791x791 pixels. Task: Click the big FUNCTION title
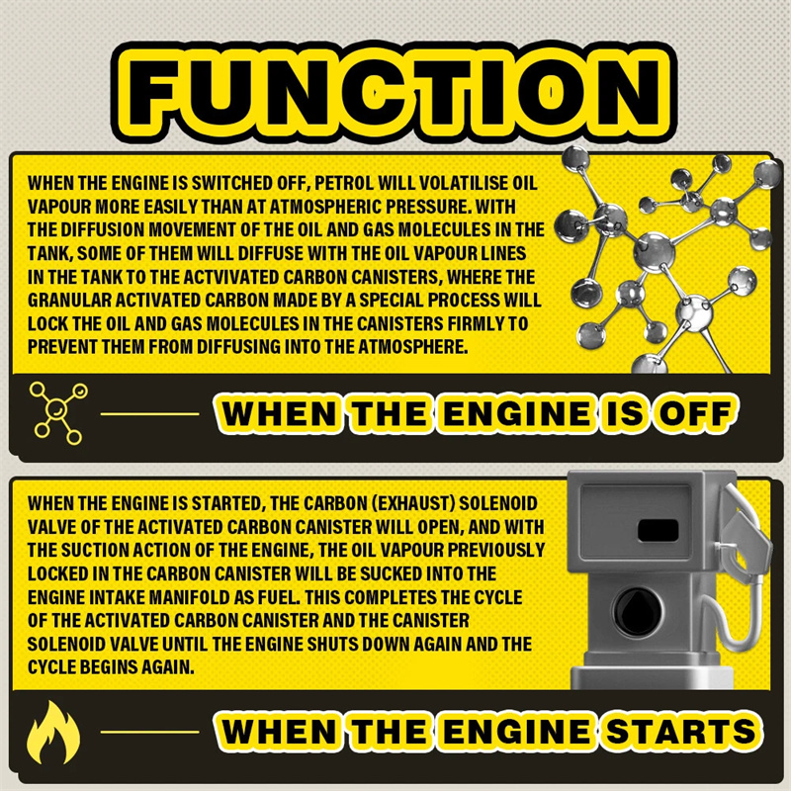(395, 91)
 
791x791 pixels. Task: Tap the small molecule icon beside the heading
(58, 412)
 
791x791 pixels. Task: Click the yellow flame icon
(53, 732)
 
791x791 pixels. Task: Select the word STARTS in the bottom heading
(681, 732)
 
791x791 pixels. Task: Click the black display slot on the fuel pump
(658, 530)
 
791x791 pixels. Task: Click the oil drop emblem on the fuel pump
(638, 612)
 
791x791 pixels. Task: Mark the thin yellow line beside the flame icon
(150, 732)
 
